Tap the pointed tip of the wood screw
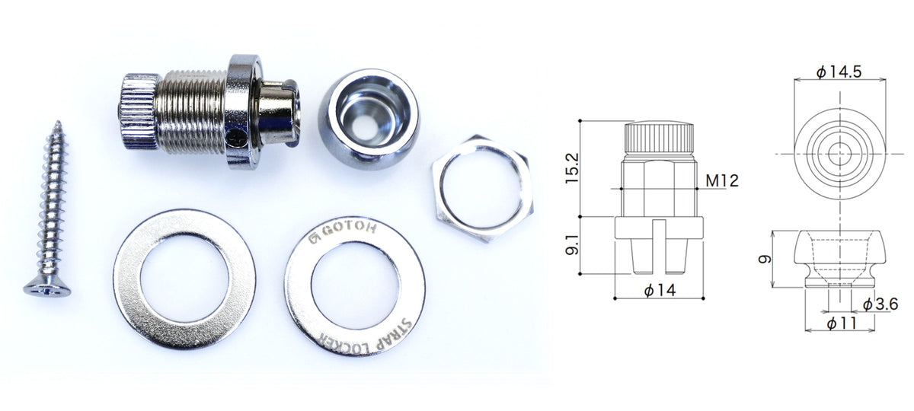click(58, 122)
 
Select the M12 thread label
click(722, 180)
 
